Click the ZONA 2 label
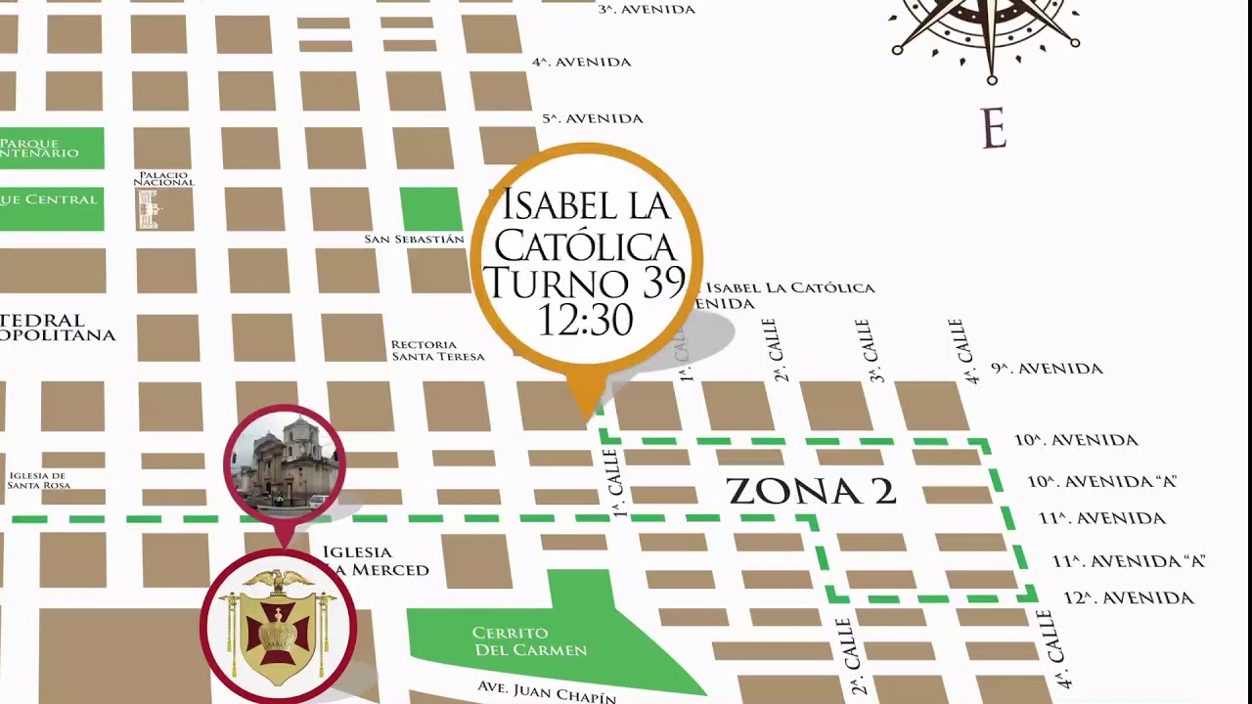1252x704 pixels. pyautogui.click(x=811, y=491)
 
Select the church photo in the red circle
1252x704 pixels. pyautogui.click(x=284, y=462)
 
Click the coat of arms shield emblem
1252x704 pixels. pyautogui.click(x=279, y=627)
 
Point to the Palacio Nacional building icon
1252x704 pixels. pyautogui.click(x=150, y=209)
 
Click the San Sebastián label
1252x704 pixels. pyautogui.click(x=414, y=240)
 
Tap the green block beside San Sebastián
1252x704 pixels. pyautogui.click(x=430, y=208)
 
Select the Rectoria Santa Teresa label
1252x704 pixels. pyautogui.click(x=437, y=350)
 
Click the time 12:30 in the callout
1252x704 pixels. pyautogui.click(x=585, y=319)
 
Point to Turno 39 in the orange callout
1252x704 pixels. pyautogui.click(x=584, y=283)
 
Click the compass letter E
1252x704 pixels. pyautogui.click(x=993, y=129)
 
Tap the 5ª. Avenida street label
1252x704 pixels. pyautogui.click(x=593, y=118)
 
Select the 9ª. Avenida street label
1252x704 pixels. pyautogui.click(x=1047, y=369)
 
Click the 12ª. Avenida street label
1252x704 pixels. pyautogui.click(x=1129, y=597)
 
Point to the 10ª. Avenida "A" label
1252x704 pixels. pyautogui.click(x=1101, y=481)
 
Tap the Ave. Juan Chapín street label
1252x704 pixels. pyautogui.click(x=547, y=691)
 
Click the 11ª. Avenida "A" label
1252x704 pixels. pyautogui.click(x=1128, y=561)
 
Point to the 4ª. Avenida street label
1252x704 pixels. pyautogui.click(x=581, y=62)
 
